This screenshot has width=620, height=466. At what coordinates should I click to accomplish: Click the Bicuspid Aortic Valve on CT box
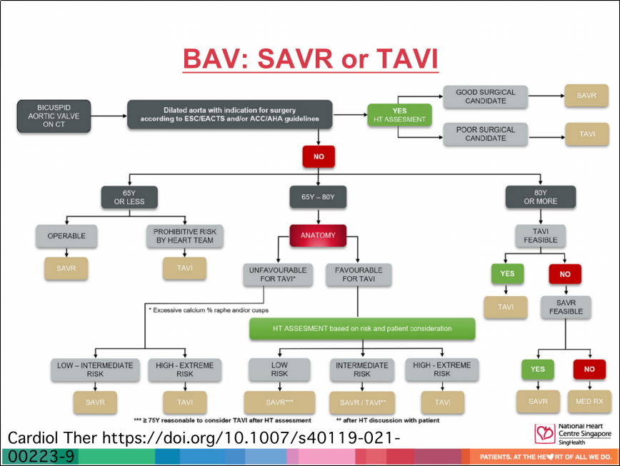point(54,116)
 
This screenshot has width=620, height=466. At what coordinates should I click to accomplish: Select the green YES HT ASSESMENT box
point(399,115)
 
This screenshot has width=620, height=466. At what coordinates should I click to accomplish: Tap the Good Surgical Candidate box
point(486,96)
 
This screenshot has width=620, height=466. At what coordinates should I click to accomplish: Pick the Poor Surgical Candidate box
point(486,134)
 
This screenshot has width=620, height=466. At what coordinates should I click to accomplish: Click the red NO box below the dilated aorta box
point(319,156)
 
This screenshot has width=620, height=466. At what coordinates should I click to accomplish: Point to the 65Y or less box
point(129,197)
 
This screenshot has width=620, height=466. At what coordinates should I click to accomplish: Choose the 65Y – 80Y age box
point(318,197)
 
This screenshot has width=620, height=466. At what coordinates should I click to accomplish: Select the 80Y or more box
point(541,197)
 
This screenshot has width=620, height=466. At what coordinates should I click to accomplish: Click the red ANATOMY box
point(318,235)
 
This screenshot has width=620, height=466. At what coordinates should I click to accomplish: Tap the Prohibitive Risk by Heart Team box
point(185,235)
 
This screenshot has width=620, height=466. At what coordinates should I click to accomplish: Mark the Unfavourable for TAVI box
point(278,275)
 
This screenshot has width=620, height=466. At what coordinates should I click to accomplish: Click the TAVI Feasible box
point(541,235)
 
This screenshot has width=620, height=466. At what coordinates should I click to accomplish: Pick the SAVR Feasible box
point(566,307)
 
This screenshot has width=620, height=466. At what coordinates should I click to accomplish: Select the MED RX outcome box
point(589,402)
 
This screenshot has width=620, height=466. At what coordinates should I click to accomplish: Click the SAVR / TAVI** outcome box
point(362,402)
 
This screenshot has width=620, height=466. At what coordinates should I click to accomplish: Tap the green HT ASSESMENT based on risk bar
point(362,328)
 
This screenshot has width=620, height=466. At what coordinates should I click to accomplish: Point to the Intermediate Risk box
point(362,370)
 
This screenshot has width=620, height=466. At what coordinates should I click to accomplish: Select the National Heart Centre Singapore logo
point(573,434)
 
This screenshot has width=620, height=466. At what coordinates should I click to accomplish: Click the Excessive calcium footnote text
point(209,310)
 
